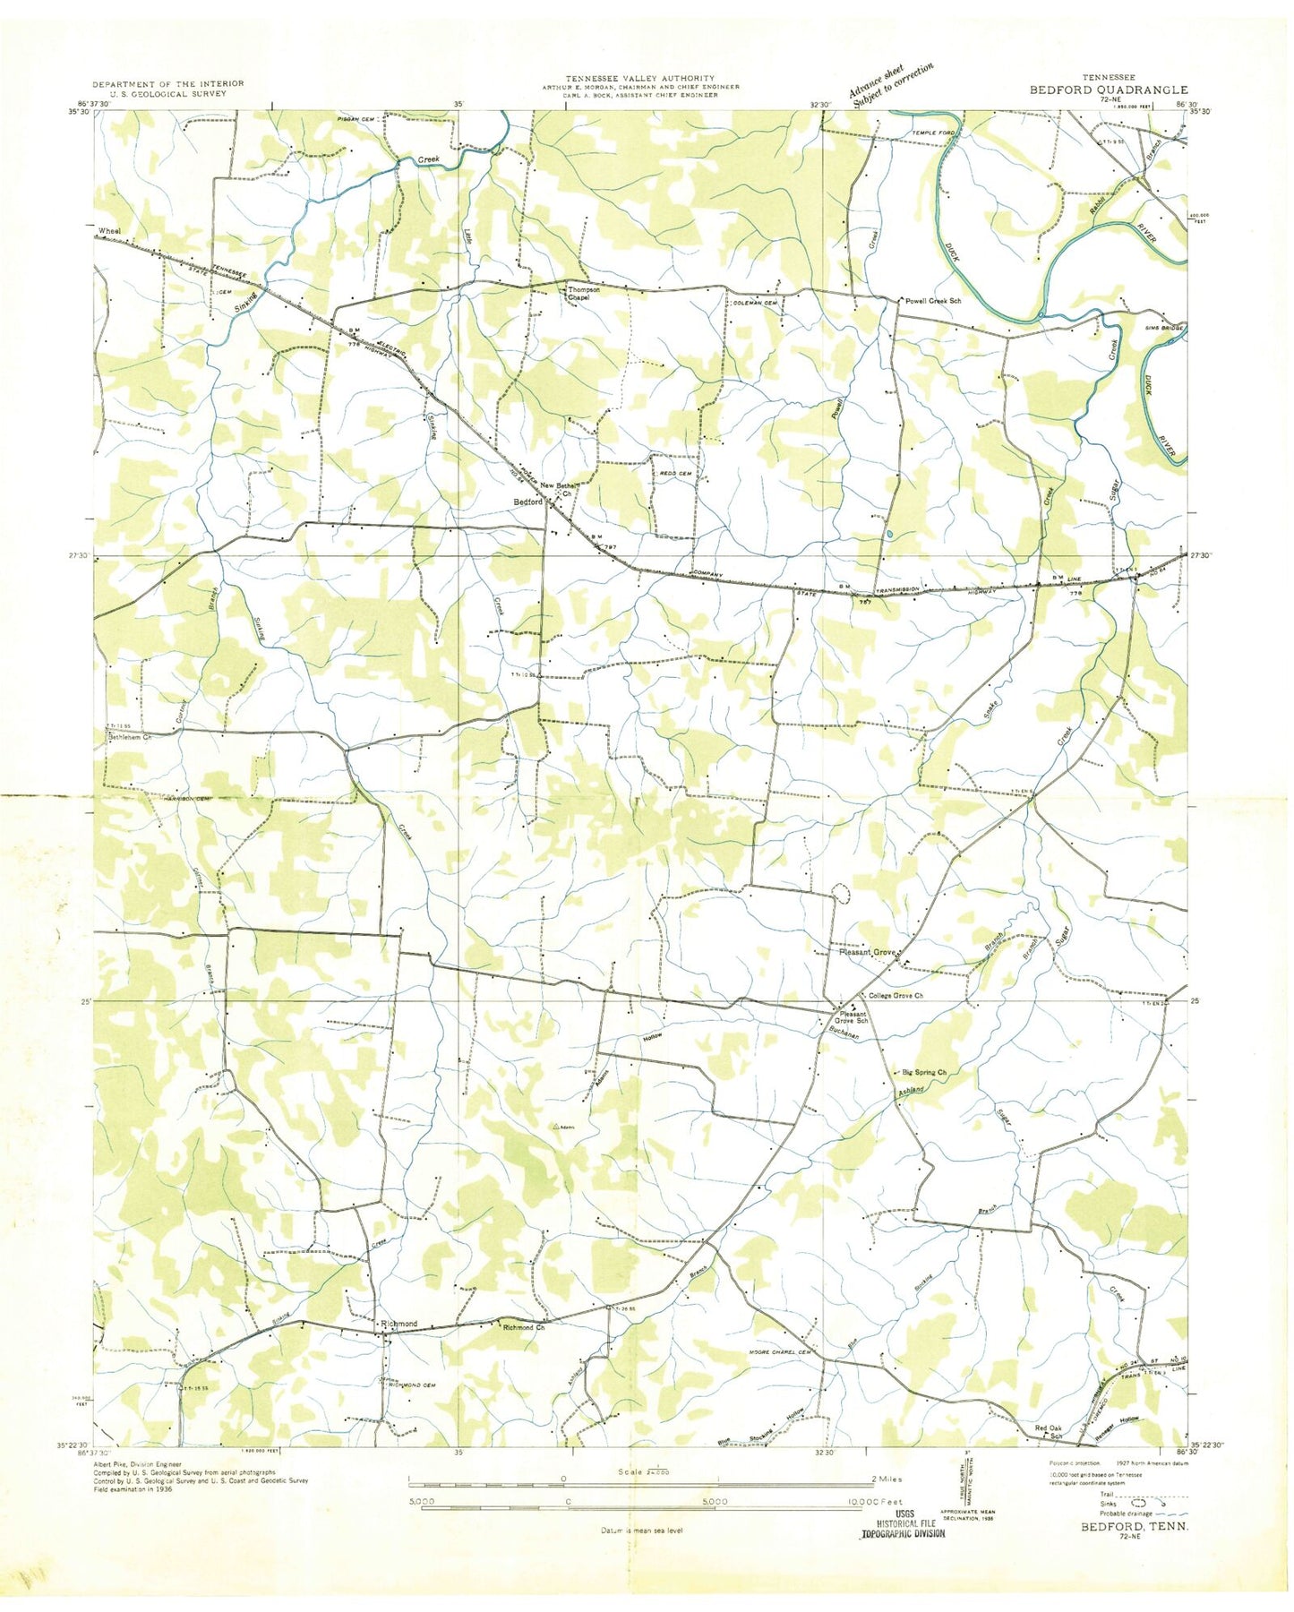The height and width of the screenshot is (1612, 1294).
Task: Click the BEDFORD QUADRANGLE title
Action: click(1108, 90)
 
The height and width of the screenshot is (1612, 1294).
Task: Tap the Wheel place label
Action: click(109, 231)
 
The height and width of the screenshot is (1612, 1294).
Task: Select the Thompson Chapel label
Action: click(583, 294)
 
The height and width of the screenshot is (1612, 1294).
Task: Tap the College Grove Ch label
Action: click(896, 996)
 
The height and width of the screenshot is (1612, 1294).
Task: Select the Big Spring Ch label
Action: click(924, 1072)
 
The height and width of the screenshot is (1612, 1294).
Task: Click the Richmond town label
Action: click(399, 1324)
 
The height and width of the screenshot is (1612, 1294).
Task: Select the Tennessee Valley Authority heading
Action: click(639, 79)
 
